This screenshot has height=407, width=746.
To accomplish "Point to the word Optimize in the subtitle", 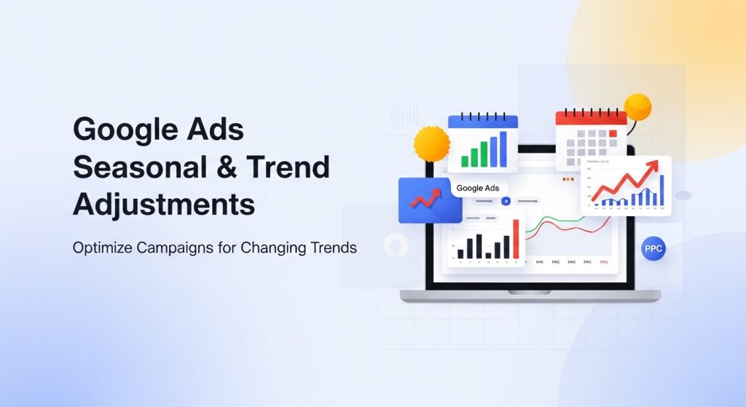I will [101, 248].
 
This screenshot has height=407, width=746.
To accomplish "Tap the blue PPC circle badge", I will [653, 248].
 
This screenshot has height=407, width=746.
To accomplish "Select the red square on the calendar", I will [613, 133].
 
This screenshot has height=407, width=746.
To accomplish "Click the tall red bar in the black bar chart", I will [517, 239].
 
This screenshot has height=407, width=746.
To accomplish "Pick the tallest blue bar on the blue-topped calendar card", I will [503, 149].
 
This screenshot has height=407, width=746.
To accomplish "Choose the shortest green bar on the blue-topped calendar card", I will [463, 160].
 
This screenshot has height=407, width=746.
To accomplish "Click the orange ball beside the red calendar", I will [637, 107].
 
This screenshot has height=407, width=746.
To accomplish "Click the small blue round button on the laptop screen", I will [505, 200].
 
